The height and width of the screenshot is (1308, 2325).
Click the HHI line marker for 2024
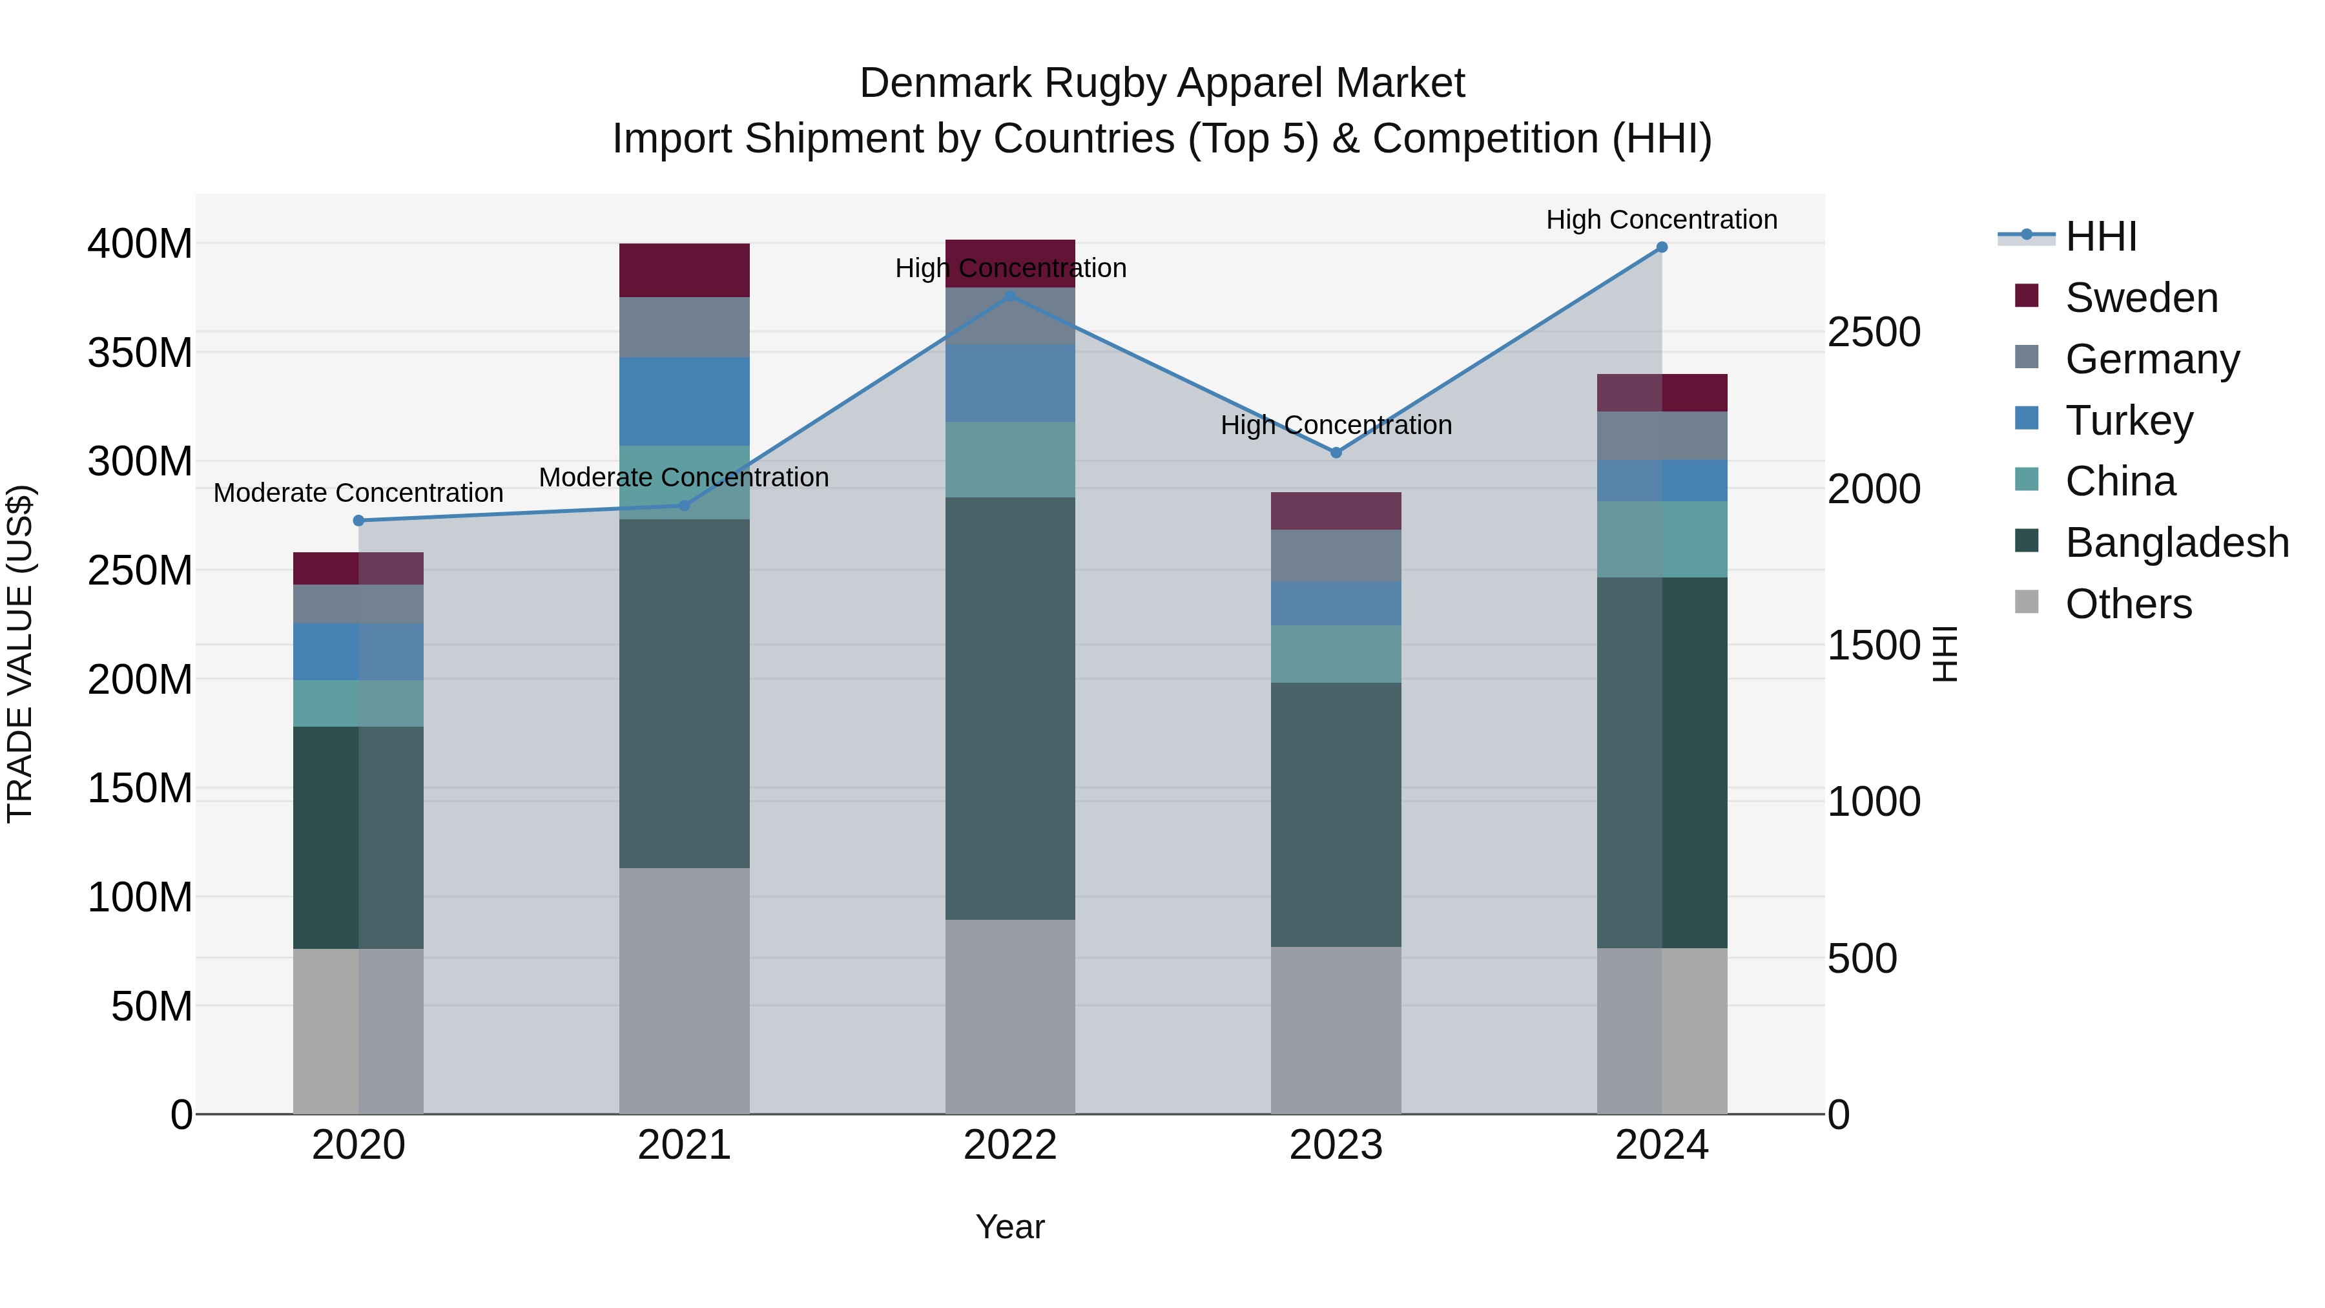click(x=1662, y=247)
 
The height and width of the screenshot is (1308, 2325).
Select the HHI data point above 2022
click(x=1010, y=296)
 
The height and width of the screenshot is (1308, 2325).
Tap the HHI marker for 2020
click(x=358, y=521)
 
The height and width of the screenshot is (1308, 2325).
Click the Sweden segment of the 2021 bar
click(x=684, y=270)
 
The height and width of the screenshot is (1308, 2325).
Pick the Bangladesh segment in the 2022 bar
click(x=1010, y=709)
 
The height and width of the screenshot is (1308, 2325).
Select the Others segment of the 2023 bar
click(x=1336, y=1030)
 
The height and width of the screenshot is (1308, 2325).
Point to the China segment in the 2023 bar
click(x=1336, y=654)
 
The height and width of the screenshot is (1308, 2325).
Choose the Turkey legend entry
click(x=2128, y=420)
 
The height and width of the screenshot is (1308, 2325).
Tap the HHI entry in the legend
click(x=2100, y=236)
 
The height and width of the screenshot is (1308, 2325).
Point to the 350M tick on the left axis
click(x=140, y=353)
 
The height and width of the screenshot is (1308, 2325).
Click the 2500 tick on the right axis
click(x=1874, y=332)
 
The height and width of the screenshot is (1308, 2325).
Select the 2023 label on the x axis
click(x=1336, y=1145)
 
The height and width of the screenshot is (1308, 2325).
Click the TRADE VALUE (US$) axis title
click(x=21, y=654)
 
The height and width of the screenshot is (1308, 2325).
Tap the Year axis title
click(x=1010, y=1227)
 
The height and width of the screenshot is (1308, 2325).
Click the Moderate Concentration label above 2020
click(x=358, y=493)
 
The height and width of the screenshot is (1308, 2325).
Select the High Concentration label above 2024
click(x=1662, y=220)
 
